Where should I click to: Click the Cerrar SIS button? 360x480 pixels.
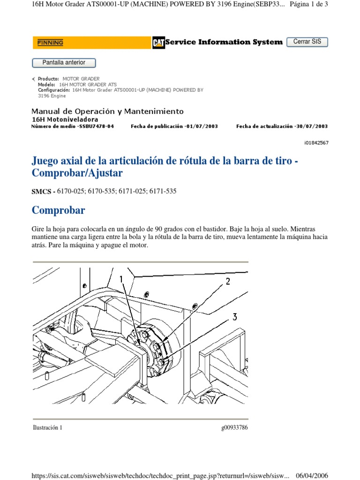click(x=307, y=42)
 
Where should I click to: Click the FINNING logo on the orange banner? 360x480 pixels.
click(x=50, y=43)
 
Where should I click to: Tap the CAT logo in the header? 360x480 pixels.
click(x=158, y=43)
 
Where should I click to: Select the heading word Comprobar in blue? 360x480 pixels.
click(x=58, y=210)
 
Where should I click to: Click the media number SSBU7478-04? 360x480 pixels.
click(x=97, y=126)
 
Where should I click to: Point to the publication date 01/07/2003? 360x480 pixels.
click(x=202, y=126)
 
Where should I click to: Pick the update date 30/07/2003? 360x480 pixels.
click(x=312, y=126)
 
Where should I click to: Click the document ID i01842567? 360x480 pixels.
click(x=316, y=142)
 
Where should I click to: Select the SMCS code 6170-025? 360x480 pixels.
click(x=70, y=191)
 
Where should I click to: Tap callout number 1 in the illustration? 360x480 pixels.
click(x=121, y=279)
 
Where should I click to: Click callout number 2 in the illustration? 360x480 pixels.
click(x=228, y=281)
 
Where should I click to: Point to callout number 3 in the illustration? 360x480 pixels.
click(x=234, y=317)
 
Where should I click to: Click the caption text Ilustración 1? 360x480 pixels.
click(x=47, y=427)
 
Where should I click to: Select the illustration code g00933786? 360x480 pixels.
click(x=234, y=427)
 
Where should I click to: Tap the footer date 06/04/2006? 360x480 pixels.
click(x=312, y=475)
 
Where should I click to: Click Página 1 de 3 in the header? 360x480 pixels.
click(x=308, y=4)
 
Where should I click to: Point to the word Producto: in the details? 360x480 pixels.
click(x=48, y=79)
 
